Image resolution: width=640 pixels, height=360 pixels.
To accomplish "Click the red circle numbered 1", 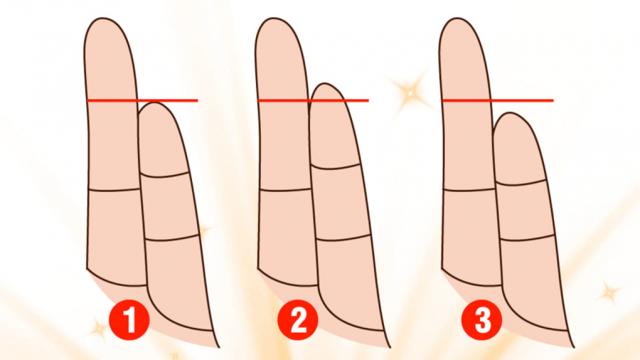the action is pyautogui.click(x=129, y=320).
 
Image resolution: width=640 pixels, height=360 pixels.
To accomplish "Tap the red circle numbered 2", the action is pyautogui.click(x=298, y=320).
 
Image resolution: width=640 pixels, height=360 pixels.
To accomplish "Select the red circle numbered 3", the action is pyautogui.click(x=482, y=320).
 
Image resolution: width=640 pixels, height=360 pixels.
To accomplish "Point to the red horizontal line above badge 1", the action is pyautogui.click(x=142, y=100).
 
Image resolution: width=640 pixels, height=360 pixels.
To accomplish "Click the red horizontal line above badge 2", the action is pyautogui.click(x=314, y=100).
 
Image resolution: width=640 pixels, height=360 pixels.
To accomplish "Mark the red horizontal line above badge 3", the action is pyautogui.click(x=498, y=100).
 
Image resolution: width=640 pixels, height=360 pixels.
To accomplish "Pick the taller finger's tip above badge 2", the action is pyautogui.click(x=275, y=18).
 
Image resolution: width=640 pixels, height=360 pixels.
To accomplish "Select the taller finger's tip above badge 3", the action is pyautogui.click(x=459, y=18).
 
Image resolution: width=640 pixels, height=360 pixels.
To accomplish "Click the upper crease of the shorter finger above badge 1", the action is pyautogui.click(x=164, y=176).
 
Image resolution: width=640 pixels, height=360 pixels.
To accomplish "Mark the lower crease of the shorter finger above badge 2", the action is pyautogui.click(x=343, y=238).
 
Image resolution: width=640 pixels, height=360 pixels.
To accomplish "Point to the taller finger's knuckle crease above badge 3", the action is pyautogui.click(x=469, y=190).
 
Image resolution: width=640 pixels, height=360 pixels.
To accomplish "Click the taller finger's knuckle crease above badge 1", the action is pyautogui.click(x=114, y=190).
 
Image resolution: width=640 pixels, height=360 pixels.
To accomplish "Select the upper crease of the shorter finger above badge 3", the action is pyautogui.click(x=520, y=183).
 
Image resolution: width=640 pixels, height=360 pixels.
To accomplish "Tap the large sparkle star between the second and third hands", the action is pyautogui.click(x=410, y=93).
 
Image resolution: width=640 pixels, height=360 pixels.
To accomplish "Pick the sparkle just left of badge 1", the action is pyautogui.click(x=98, y=328).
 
